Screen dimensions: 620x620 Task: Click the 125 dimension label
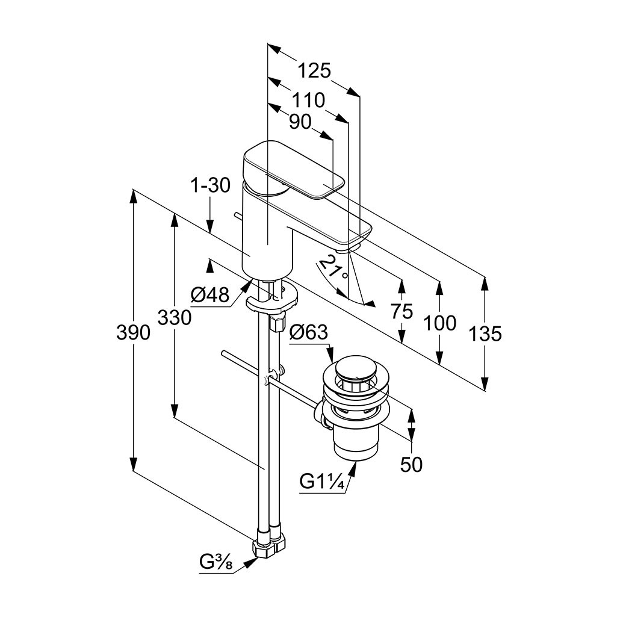point(315,71)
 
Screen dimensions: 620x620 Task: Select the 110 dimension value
point(309,99)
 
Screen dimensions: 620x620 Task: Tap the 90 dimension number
point(300,122)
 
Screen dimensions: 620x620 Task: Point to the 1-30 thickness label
point(210,186)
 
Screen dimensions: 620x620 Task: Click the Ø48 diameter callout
point(210,295)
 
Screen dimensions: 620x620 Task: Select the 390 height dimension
point(133,332)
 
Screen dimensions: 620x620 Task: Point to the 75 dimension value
point(401,311)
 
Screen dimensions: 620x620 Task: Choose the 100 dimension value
point(440,323)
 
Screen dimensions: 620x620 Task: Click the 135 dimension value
point(485,333)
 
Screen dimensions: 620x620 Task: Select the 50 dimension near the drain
point(412,464)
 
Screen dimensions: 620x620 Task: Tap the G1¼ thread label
point(322,482)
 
